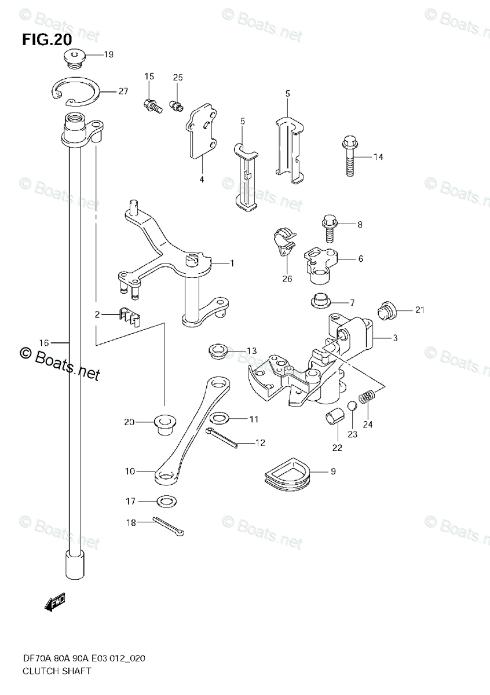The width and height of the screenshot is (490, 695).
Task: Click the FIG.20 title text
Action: tap(47, 39)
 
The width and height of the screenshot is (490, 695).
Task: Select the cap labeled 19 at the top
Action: tap(74, 58)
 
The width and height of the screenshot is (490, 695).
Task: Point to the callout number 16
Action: tap(43, 343)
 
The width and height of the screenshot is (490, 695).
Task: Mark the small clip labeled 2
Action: tap(130, 317)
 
